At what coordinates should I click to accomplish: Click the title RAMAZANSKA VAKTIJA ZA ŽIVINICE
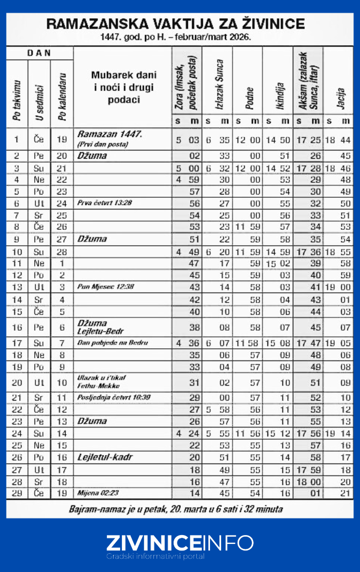click(176, 24)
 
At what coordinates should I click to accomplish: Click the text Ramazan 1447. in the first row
click(110, 134)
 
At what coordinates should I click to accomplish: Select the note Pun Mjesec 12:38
click(106, 287)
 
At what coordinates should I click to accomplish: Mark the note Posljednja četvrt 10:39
click(114, 397)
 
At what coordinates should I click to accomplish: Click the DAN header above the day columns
click(40, 53)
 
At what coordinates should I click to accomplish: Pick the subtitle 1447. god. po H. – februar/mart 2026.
click(176, 38)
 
